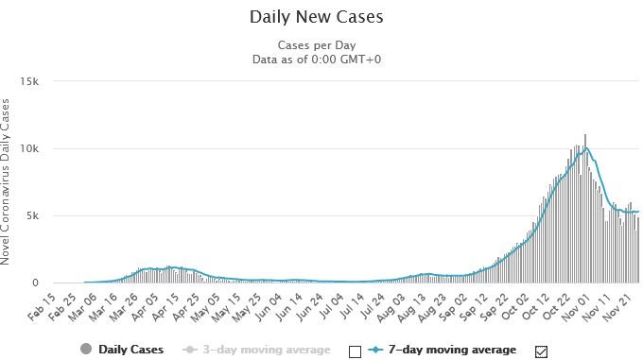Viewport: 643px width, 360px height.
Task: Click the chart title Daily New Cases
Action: click(316, 17)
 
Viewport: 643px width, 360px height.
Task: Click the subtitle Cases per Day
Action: click(317, 45)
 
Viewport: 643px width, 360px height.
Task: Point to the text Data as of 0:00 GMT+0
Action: click(317, 60)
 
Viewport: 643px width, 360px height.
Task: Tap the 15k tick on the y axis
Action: click(29, 81)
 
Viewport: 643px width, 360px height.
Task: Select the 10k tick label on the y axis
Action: click(29, 148)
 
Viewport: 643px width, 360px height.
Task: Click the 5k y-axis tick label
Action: click(32, 215)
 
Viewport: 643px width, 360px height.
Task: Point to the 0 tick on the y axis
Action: click(35, 283)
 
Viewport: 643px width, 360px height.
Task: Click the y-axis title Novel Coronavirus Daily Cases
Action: click(5, 181)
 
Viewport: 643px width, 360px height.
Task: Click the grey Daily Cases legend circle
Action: click(86, 350)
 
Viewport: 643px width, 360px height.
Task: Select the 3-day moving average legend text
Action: click(267, 350)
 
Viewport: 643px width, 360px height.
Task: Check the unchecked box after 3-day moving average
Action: click(356, 351)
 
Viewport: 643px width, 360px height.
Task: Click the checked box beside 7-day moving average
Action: click(541, 351)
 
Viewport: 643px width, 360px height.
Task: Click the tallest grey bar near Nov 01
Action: click(585, 209)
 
